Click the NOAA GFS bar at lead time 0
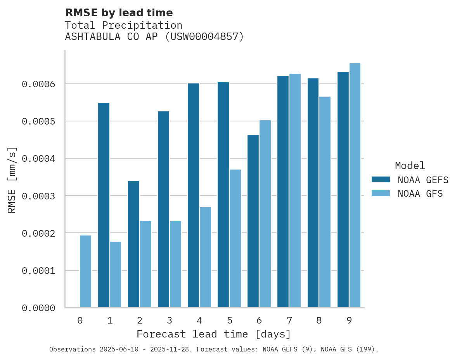click(x=85, y=272)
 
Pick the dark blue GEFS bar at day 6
click(x=253, y=221)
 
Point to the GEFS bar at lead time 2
click(x=133, y=244)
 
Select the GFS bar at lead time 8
click(x=325, y=202)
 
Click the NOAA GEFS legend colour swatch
click(x=381, y=180)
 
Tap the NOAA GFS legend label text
click(x=420, y=193)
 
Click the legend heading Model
click(x=410, y=166)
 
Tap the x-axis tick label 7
click(x=289, y=321)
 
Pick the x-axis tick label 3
click(x=170, y=321)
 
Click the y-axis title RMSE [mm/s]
click(x=12, y=180)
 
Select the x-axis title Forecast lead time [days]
click(x=214, y=334)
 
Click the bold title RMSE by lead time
click(x=119, y=13)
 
